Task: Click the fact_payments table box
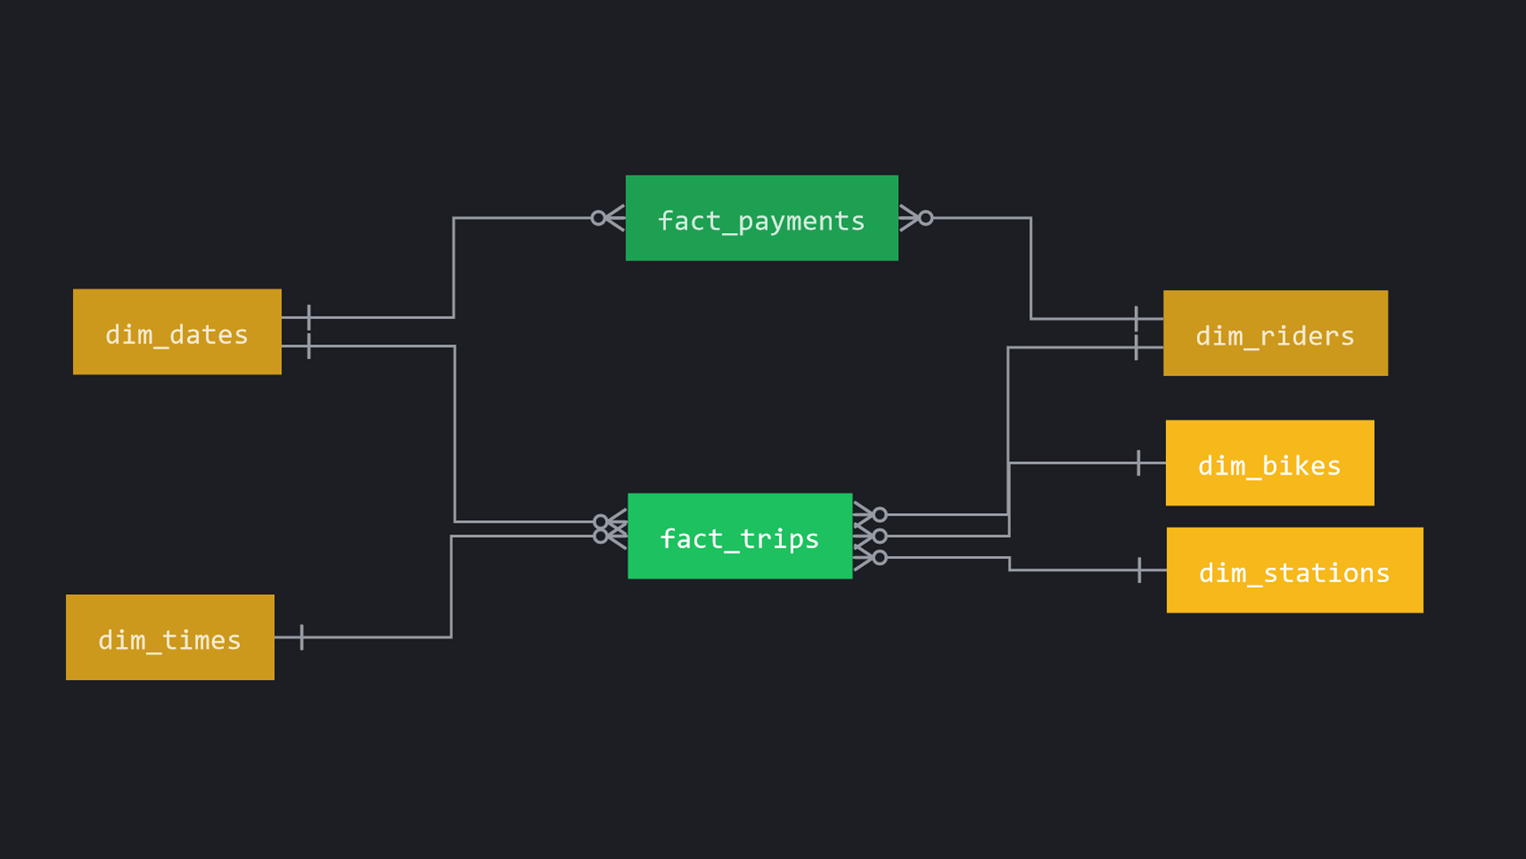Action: coord(761,218)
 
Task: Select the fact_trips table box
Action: coord(739,536)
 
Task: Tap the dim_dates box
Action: coord(176,332)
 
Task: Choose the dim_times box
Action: coord(170,637)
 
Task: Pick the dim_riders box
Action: coord(1275,333)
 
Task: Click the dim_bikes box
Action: coord(1269,463)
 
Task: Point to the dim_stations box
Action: coord(1294,570)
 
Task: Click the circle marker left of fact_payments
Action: coord(598,218)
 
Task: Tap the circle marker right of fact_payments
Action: coord(926,218)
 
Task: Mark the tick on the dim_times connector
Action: coord(302,637)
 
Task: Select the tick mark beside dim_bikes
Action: coord(1138,463)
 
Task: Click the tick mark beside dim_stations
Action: coord(1139,570)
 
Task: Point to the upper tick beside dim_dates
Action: coord(308,317)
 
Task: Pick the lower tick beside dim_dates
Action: coord(308,346)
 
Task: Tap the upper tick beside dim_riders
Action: coord(1136,319)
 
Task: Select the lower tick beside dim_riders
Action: coord(1136,348)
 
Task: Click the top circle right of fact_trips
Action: coord(880,515)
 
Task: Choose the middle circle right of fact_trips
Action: coord(880,536)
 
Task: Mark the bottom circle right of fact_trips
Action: coord(880,558)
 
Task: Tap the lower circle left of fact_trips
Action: coord(600,536)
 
